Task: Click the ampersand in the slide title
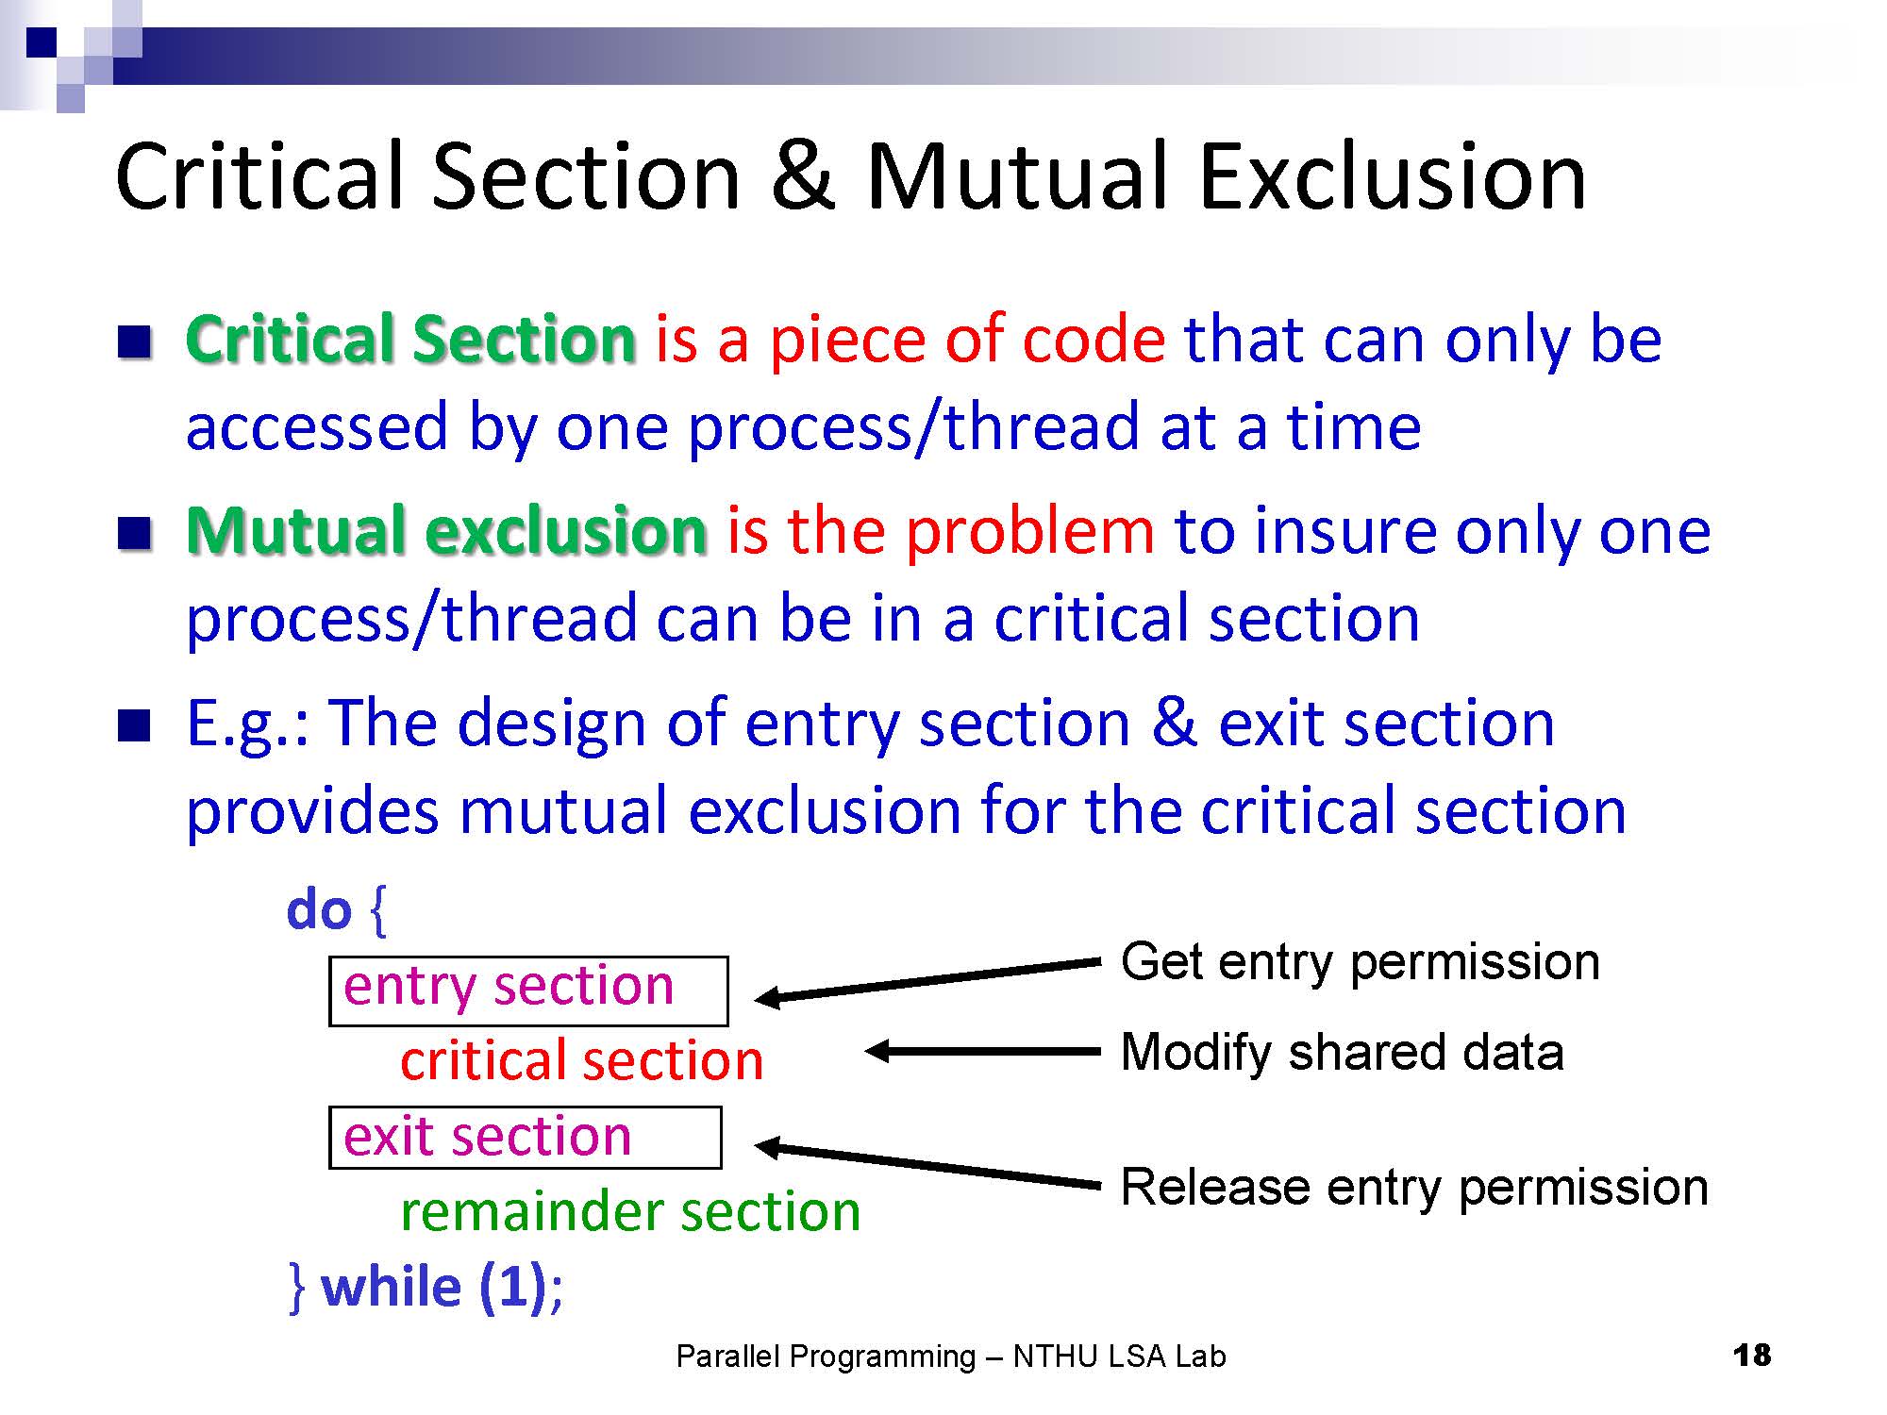(x=803, y=176)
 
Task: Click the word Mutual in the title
(x=1020, y=176)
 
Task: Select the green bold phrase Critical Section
(x=411, y=339)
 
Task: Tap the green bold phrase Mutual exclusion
(x=446, y=530)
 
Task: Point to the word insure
(x=1344, y=531)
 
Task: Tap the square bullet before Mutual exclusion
(x=134, y=532)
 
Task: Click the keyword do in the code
(x=319, y=910)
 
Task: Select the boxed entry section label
(x=528, y=990)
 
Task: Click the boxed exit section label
(x=525, y=1138)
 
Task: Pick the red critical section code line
(x=582, y=1061)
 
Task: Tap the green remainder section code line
(x=630, y=1211)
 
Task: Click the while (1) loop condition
(x=434, y=1288)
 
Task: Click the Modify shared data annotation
(x=1342, y=1053)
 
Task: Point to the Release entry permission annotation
(x=1414, y=1189)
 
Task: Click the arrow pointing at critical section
(x=982, y=1051)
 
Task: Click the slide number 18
(x=1752, y=1356)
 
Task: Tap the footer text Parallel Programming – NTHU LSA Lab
(x=951, y=1357)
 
